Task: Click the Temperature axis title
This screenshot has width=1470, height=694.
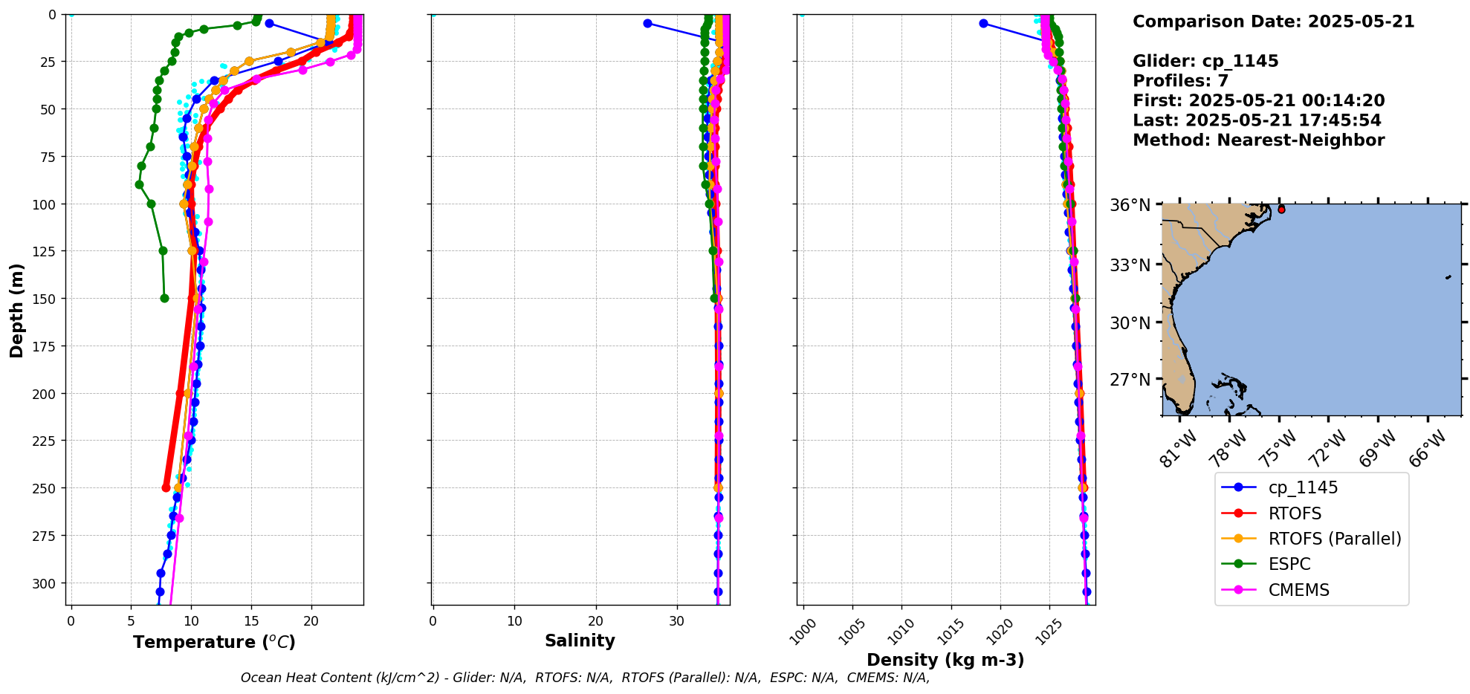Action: tap(214, 642)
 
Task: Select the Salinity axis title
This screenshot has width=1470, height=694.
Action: tap(580, 641)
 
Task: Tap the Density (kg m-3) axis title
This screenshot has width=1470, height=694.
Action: tap(945, 660)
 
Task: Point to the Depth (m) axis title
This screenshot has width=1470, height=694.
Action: tap(16, 310)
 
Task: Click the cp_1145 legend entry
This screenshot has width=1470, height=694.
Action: tap(1302, 487)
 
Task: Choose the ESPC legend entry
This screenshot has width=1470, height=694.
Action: tap(1289, 564)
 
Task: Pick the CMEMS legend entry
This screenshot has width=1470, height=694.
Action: tap(1298, 590)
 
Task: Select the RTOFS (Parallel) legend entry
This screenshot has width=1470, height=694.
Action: tap(1334, 539)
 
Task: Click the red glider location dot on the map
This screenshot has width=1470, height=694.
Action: tap(1281, 210)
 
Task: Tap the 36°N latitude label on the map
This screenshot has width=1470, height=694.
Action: tap(1130, 205)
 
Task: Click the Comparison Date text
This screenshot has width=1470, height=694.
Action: tap(1273, 22)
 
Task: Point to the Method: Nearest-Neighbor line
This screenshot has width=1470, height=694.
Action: tap(1258, 140)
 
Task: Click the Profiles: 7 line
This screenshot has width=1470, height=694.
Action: tap(1180, 81)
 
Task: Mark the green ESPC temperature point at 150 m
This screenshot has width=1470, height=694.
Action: tap(164, 299)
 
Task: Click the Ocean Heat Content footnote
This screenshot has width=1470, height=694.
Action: tap(585, 678)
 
